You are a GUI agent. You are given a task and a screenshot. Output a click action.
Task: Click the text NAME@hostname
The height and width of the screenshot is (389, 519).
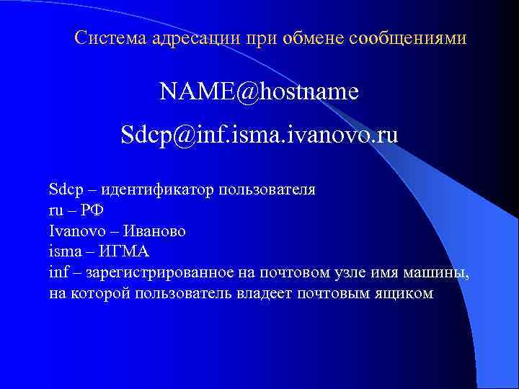[259, 91]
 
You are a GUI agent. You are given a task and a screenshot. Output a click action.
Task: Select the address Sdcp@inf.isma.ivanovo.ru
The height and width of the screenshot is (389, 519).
[259, 135]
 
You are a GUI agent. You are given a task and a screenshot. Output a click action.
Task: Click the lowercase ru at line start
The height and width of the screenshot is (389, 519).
[56, 211]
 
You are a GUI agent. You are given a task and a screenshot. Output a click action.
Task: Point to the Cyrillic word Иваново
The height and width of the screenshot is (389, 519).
[154, 231]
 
